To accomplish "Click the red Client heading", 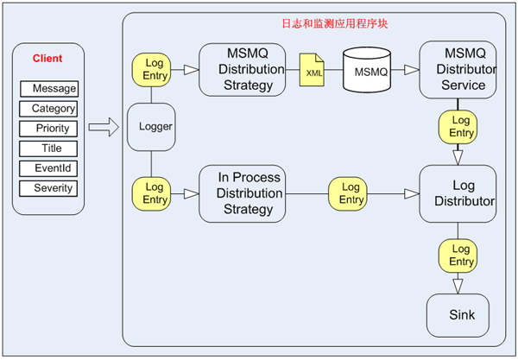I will [47, 59].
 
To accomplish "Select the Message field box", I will [49, 88].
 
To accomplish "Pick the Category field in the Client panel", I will [49, 109].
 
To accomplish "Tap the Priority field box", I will [49, 129].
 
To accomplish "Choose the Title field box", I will [49, 148].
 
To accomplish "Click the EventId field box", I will [49, 168].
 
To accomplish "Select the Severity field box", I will [49, 188].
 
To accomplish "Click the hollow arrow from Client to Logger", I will [103, 129].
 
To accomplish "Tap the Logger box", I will [152, 127].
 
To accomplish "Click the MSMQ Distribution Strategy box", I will [242, 69].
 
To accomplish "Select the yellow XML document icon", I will [312, 69].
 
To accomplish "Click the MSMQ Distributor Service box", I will [458, 70].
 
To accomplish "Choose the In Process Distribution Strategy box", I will [242, 193].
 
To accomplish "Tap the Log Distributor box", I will [458, 194].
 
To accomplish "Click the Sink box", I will [458, 315].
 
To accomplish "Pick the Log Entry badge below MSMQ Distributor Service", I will [458, 127].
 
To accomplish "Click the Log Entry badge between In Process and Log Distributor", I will [351, 193].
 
